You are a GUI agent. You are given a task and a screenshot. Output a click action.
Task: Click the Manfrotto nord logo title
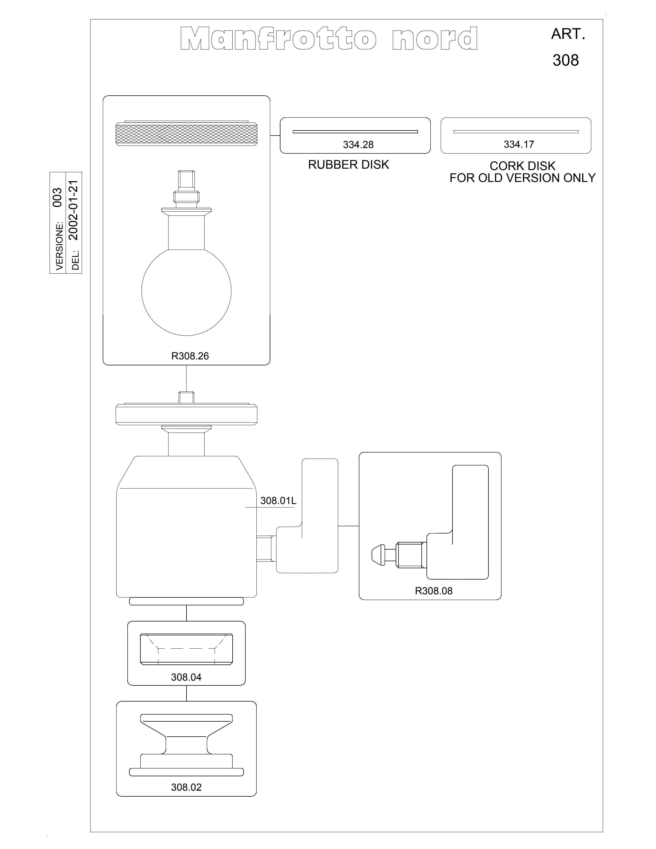[x=329, y=38]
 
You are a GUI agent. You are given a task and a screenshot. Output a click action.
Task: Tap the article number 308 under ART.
[x=565, y=60]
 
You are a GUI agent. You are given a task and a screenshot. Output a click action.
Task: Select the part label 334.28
[x=358, y=145]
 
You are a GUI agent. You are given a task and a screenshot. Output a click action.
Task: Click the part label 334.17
[x=519, y=144]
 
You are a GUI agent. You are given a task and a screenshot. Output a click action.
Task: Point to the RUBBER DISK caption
[x=349, y=165]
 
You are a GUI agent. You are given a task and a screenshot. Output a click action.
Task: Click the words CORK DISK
[x=522, y=166]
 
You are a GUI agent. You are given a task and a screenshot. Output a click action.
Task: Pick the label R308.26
[x=190, y=356]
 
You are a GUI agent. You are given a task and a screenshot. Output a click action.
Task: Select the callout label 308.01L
[x=278, y=501]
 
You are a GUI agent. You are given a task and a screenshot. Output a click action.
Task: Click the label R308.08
[x=434, y=591]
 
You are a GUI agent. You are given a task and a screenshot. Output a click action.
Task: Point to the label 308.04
[x=186, y=677]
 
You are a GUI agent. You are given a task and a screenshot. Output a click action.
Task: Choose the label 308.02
[x=186, y=787]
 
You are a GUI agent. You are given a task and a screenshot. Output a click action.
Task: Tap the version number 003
[x=57, y=198]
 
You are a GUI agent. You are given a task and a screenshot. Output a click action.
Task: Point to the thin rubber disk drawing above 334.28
[x=355, y=132]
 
